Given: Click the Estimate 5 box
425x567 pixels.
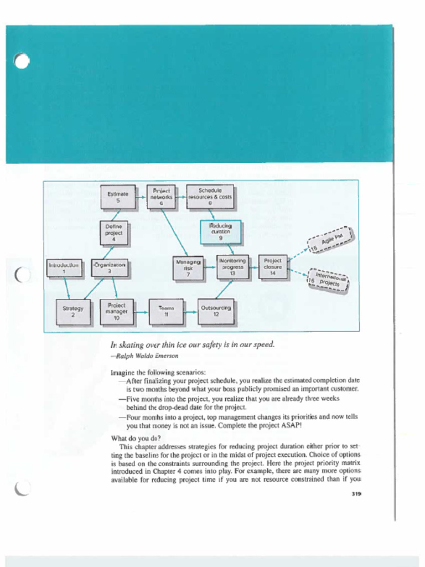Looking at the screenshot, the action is click(117, 198).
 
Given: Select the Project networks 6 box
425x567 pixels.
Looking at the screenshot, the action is click(162, 197).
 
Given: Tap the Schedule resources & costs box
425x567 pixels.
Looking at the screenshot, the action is click(210, 197).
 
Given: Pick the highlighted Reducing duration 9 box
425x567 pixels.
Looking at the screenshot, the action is click(220, 231).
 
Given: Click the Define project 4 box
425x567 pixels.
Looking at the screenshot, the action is click(114, 233).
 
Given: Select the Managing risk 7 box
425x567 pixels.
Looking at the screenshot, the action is click(188, 267).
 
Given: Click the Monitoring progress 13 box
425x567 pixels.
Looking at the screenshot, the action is click(232, 267).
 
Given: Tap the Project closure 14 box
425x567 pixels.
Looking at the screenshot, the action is click(273, 267).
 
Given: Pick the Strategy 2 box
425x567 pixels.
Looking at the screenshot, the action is click(73, 312).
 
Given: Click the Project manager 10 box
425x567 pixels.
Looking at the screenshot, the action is click(116, 311).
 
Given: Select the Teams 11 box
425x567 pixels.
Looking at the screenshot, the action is click(166, 311).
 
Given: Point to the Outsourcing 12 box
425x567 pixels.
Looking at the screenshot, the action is click(216, 311).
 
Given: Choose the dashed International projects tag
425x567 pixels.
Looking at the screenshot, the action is click(328, 280).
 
